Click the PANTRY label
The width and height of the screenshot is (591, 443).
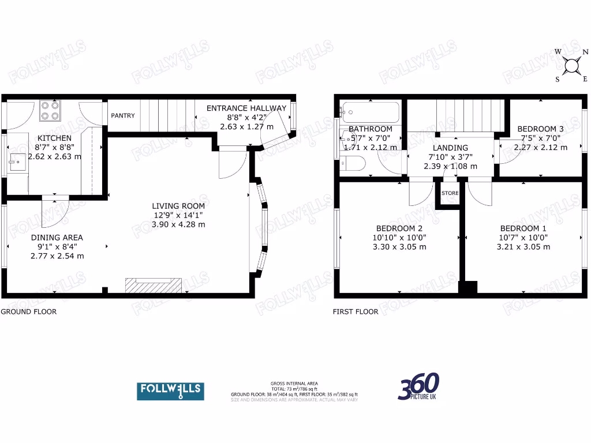coord(123,116)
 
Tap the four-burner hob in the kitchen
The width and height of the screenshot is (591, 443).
coord(51,110)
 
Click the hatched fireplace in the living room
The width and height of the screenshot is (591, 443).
coord(154,285)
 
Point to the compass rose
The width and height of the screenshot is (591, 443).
coord(571,66)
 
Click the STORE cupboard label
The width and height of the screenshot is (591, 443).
coord(450,193)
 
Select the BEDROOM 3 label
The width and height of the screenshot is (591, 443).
coord(540,129)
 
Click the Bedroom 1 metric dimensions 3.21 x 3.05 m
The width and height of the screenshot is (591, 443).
coord(523,247)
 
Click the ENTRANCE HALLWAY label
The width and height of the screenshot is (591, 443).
coord(246,108)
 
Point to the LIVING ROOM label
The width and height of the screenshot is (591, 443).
coord(178,206)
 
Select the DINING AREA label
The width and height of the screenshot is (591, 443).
coord(57,238)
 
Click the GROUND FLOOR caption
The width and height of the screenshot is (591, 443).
coord(28,311)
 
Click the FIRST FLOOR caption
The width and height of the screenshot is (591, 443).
coord(356,311)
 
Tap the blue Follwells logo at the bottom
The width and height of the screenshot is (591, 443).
coord(170,391)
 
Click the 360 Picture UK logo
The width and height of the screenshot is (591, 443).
coord(419,387)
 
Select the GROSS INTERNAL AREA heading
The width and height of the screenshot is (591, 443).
coord(294,384)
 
